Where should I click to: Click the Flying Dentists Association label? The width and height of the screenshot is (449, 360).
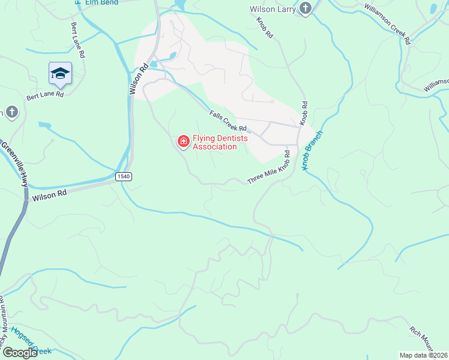214,142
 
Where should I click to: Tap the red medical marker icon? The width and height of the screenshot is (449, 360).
183,142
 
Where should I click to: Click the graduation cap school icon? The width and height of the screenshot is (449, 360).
60,73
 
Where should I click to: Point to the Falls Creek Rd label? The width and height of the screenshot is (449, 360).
228,121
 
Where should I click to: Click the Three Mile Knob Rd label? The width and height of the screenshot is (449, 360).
270,169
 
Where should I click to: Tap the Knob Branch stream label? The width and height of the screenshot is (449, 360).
313,150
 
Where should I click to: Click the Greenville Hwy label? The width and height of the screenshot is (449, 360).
14,163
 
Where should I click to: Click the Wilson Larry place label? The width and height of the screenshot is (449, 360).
274,9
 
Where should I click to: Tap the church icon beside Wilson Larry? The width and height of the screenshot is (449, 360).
306,9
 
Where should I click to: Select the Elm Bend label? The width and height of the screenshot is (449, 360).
100,3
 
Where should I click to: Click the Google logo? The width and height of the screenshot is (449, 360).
19,353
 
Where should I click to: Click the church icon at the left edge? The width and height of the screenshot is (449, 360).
11,112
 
